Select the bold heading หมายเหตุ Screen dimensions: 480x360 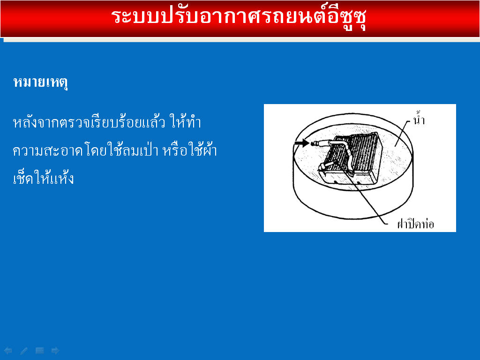41,82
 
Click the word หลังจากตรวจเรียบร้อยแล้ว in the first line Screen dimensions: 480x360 89,122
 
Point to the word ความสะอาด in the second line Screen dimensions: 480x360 48,150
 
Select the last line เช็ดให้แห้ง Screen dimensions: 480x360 43,178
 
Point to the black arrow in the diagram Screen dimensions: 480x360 302,142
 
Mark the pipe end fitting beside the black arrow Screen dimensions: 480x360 315,143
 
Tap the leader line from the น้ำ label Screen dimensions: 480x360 402,133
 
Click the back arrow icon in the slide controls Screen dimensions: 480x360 8,351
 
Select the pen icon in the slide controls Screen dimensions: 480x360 24,351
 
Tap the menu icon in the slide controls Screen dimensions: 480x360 40,351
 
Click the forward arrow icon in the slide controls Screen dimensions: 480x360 55,351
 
